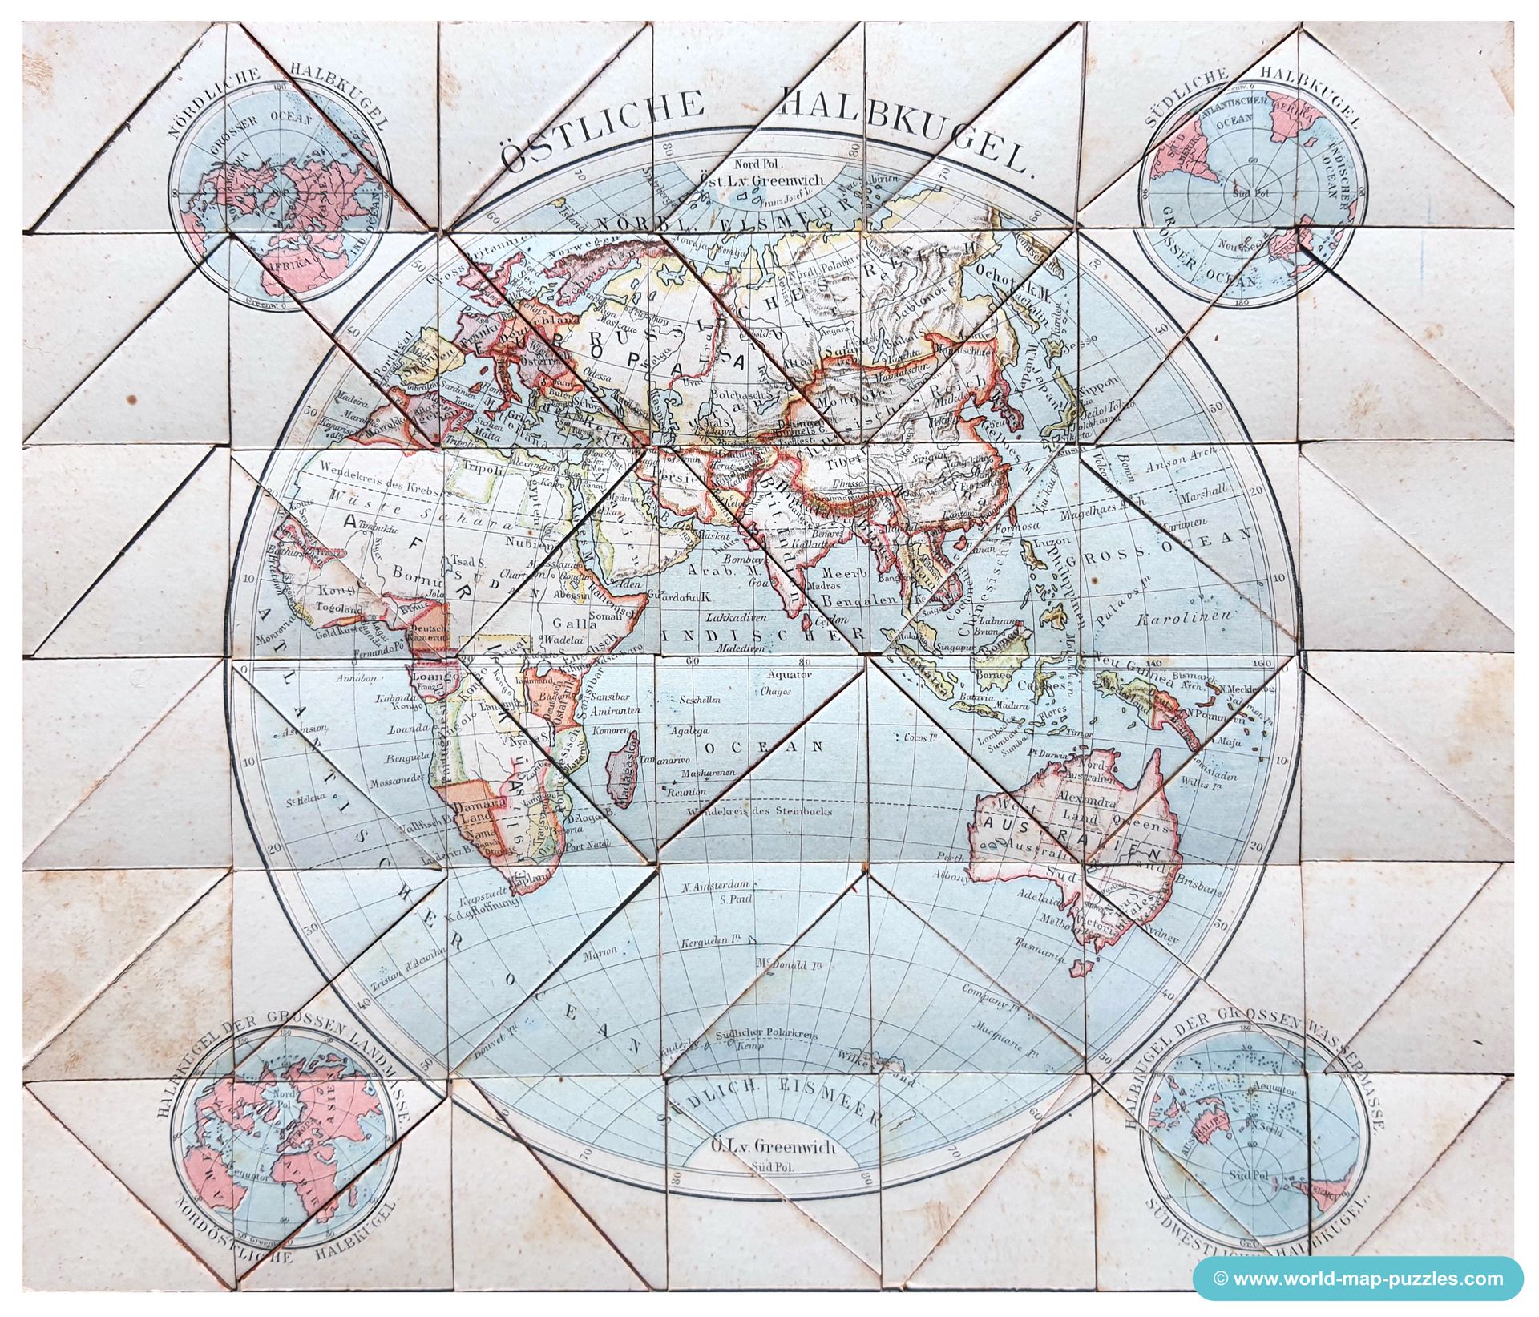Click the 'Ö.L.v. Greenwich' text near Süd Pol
pyautogui.click(x=774, y=1146)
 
